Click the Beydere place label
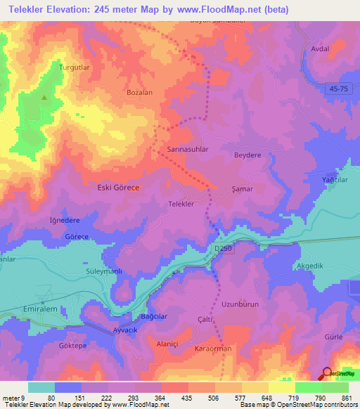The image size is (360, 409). click(x=247, y=155)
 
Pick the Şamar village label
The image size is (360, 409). click(x=242, y=189)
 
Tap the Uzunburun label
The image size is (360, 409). click(x=240, y=304)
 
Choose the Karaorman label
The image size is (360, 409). click(x=212, y=349)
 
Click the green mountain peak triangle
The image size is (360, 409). click(x=44, y=98)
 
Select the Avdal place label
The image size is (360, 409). click(x=320, y=50)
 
